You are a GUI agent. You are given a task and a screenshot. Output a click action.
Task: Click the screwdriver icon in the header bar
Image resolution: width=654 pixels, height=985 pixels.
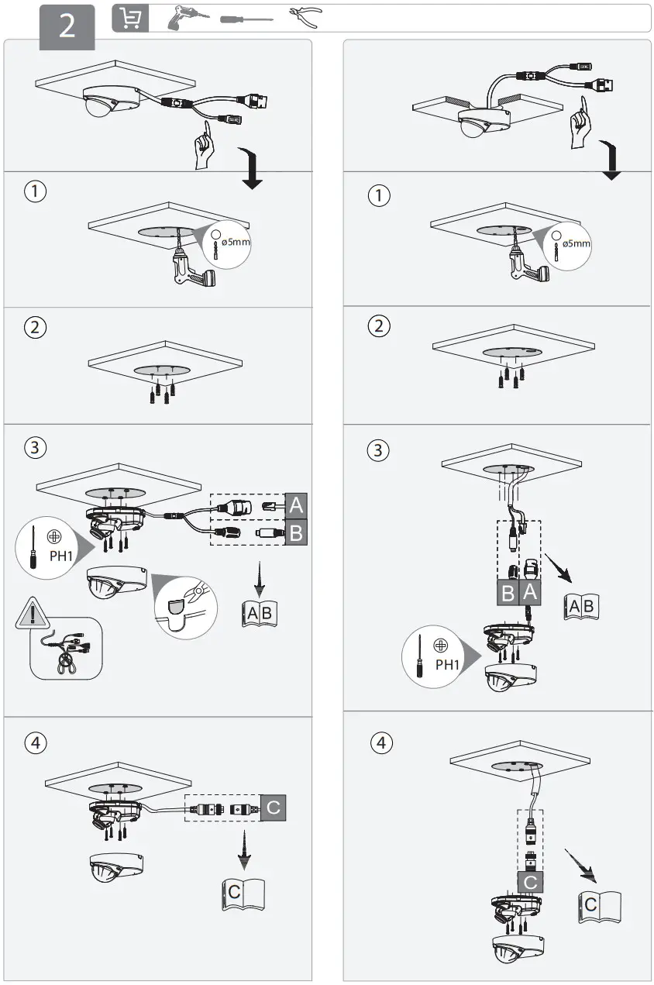(x=246, y=19)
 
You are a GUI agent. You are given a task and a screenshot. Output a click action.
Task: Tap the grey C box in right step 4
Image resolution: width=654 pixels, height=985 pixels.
(x=530, y=882)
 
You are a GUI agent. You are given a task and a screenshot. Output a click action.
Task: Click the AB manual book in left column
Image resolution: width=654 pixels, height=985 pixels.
(x=258, y=614)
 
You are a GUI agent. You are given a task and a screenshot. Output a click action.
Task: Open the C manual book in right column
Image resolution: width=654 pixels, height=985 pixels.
(x=601, y=904)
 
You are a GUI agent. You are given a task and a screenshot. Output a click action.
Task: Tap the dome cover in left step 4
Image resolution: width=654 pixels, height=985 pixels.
(x=115, y=868)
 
